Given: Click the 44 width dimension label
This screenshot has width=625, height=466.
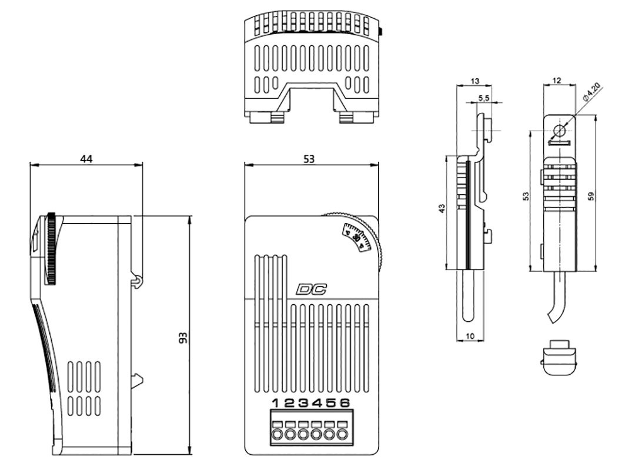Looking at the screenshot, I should coord(86,158).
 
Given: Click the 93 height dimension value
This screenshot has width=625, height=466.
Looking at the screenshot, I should coord(184,337).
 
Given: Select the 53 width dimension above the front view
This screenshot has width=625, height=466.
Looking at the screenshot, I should coord(310,158).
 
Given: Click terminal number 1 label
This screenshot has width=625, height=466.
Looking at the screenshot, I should coord(276,403).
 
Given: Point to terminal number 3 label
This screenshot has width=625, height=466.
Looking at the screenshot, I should coord(303,403).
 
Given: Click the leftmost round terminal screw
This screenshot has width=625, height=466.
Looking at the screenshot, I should coord(276,436).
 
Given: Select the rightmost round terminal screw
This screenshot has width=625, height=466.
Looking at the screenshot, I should coord(345,436).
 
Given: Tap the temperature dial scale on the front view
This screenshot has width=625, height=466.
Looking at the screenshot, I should coord(357,237).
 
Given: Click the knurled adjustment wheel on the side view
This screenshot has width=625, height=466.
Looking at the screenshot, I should coord(52,249).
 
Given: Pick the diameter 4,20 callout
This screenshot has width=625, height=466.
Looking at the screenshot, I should coord(592,93).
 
